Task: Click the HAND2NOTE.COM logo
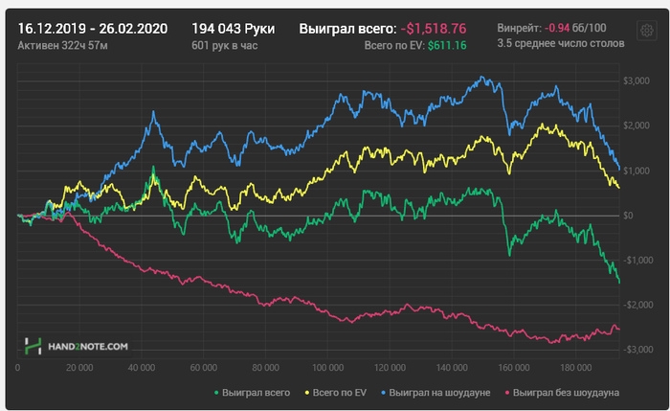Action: [78, 346]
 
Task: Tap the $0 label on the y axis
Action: [629, 216]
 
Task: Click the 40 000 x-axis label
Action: [142, 367]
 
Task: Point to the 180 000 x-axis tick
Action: [575, 367]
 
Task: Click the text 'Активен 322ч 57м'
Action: [64, 45]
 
